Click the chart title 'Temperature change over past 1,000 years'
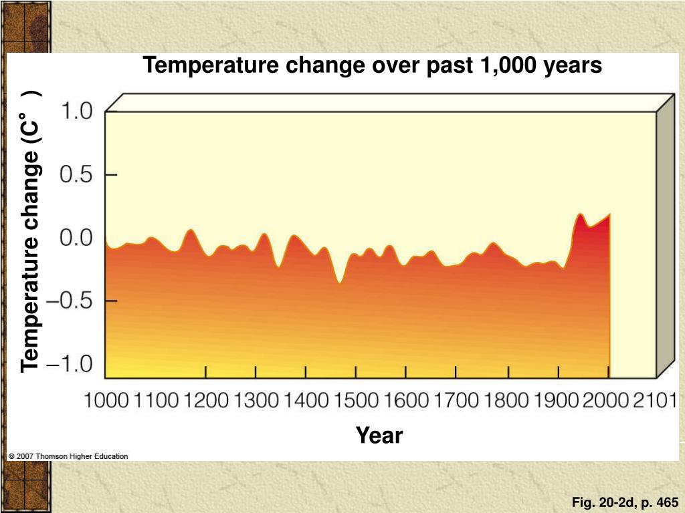click(x=373, y=65)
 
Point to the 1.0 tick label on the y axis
click(x=77, y=112)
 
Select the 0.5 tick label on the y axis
click(x=77, y=175)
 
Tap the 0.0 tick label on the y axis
click(x=77, y=238)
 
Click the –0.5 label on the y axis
click(x=72, y=301)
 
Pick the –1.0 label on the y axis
click(x=72, y=365)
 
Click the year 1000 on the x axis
click(x=106, y=401)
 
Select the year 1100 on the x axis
click(x=156, y=401)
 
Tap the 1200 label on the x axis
click(x=206, y=401)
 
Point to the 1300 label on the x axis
click(x=256, y=401)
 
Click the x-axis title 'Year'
click(x=379, y=436)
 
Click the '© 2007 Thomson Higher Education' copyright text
click(x=68, y=456)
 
